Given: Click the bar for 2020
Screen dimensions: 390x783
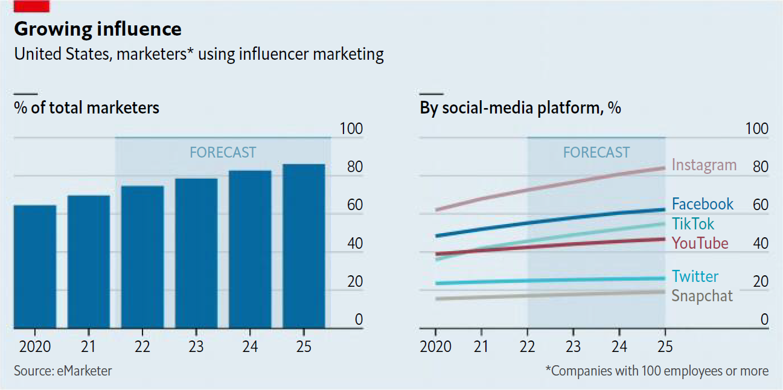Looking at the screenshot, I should point(35,266).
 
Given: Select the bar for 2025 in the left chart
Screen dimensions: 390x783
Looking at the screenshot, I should point(304,246).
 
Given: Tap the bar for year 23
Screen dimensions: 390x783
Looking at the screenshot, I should point(196,253).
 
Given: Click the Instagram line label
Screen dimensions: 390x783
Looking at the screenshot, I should point(704,165).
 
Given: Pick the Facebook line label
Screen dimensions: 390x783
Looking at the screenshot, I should point(703,204).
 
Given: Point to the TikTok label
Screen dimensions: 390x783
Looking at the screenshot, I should point(693,224).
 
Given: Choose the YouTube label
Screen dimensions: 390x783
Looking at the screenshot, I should point(700,243).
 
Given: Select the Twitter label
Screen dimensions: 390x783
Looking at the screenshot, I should point(695,277).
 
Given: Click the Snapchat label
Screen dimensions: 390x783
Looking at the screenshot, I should point(702,296).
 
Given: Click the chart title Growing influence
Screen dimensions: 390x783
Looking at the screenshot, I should point(98,29).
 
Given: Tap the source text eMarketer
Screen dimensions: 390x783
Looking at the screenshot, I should point(63,371).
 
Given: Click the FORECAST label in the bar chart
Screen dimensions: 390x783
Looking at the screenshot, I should point(223,152).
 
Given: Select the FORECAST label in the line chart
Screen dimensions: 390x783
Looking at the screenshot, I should point(596,152).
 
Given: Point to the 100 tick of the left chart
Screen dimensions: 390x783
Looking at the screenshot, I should point(351,129).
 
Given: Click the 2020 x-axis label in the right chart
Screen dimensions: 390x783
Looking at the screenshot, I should point(436,347).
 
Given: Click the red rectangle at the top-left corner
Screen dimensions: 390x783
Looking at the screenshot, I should point(31,6).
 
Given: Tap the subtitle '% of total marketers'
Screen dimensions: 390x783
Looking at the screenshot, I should point(87,108).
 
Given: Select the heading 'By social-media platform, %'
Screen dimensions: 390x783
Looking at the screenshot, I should point(520,108).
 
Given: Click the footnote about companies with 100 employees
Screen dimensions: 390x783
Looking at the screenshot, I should point(657,371).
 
